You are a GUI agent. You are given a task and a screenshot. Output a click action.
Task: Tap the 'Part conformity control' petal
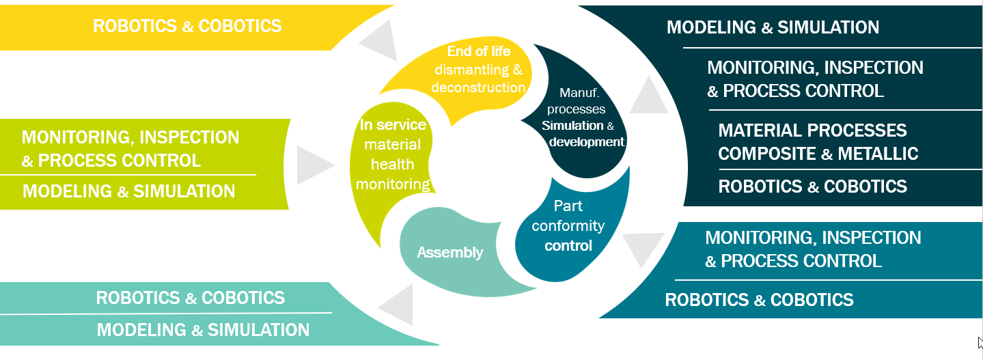click(x=568, y=225)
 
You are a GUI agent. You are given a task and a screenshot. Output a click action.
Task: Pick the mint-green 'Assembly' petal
click(x=450, y=253)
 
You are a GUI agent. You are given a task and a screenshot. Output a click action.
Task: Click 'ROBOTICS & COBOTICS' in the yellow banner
click(x=187, y=26)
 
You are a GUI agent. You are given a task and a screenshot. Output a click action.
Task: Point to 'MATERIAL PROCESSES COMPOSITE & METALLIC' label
click(x=818, y=142)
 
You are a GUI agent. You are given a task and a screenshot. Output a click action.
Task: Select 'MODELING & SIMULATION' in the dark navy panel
click(x=773, y=27)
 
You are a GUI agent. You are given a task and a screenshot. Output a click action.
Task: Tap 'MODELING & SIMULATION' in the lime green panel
click(x=128, y=191)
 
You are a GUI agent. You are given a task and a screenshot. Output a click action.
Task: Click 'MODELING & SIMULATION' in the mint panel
click(x=203, y=330)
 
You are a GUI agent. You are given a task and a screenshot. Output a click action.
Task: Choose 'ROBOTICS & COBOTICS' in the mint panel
click(x=190, y=298)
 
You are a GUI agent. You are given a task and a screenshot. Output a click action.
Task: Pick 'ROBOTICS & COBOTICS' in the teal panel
click(x=759, y=299)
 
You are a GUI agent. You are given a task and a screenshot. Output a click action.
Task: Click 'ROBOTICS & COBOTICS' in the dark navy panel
click(x=812, y=186)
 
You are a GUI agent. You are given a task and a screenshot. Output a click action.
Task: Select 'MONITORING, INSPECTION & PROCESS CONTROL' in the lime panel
click(x=130, y=148)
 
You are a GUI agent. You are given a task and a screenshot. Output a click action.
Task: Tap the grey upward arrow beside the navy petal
click(x=648, y=96)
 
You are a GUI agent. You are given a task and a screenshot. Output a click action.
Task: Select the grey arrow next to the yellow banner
click(x=380, y=41)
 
